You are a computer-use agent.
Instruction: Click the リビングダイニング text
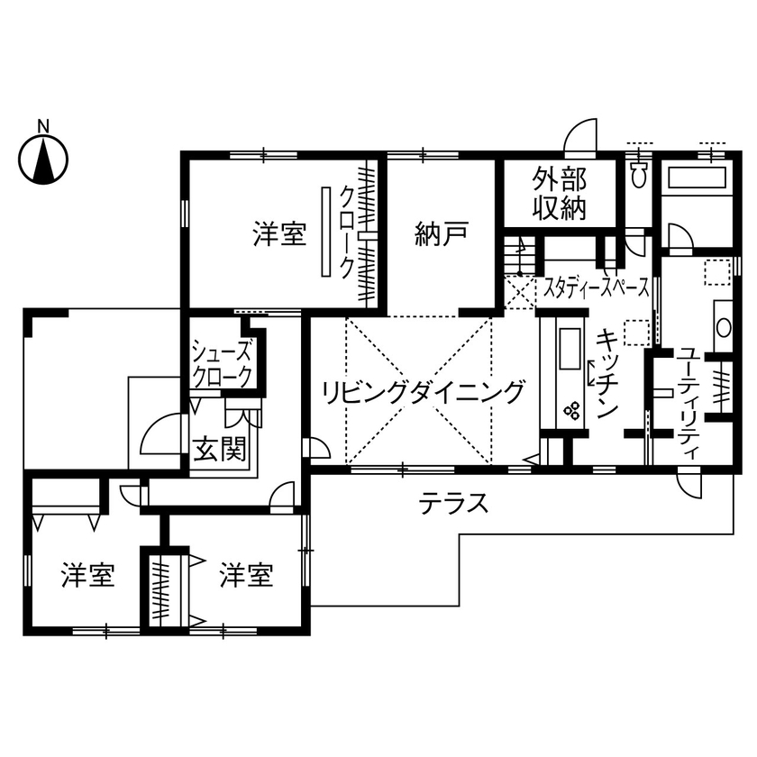[424, 392]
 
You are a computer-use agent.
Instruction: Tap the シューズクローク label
[222, 363]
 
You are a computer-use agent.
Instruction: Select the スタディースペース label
[596, 287]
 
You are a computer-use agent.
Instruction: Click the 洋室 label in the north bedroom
[278, 235]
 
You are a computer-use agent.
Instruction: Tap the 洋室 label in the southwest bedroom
[87, 574]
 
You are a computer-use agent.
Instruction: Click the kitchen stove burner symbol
[571, 411]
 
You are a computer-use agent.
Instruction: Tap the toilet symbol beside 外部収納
[640, 173]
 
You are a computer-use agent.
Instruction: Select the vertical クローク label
[346, 230]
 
